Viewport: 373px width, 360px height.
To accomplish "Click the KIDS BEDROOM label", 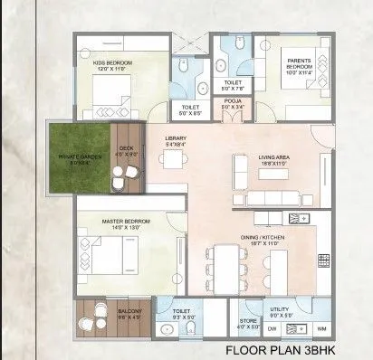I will pos(112,64).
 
